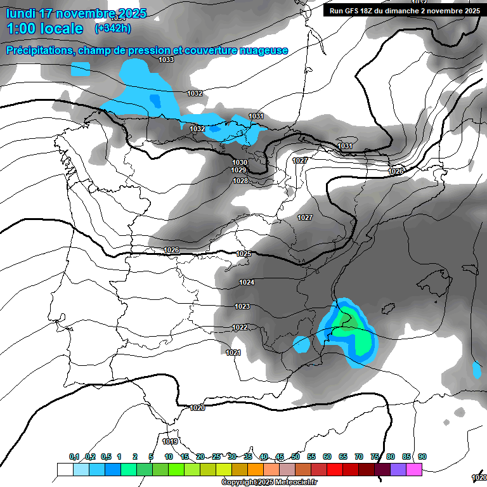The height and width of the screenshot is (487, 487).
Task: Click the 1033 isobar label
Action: tap(166, 60)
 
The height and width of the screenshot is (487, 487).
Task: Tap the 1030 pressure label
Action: tap(239, 163)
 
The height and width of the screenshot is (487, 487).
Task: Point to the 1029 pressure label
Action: tap(238, 171)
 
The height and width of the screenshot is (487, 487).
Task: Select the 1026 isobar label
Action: tap(171, 250)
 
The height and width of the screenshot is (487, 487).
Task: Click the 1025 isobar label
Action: tap(243, 254)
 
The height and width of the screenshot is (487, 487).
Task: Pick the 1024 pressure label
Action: tap(247, 282)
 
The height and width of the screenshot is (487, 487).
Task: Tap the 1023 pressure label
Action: tap(242, 307)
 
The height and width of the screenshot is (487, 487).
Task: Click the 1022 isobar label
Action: tap(240, 328)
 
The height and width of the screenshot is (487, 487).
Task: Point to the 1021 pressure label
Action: tap(233, 353)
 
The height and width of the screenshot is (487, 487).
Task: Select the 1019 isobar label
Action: tap(170, 441)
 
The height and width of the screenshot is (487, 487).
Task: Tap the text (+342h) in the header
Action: tap(113, 29)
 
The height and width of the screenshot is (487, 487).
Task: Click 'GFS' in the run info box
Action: tap(356, 11)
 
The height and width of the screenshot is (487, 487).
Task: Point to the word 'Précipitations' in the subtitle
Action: tap(37, 50)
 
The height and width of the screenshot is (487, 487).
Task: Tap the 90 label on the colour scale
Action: tap(422, 457)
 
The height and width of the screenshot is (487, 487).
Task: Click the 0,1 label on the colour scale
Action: tap(74, 457)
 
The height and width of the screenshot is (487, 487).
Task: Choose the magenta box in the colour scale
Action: tap(414, 469)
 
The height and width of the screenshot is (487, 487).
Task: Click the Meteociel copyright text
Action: tap(269, 483)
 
